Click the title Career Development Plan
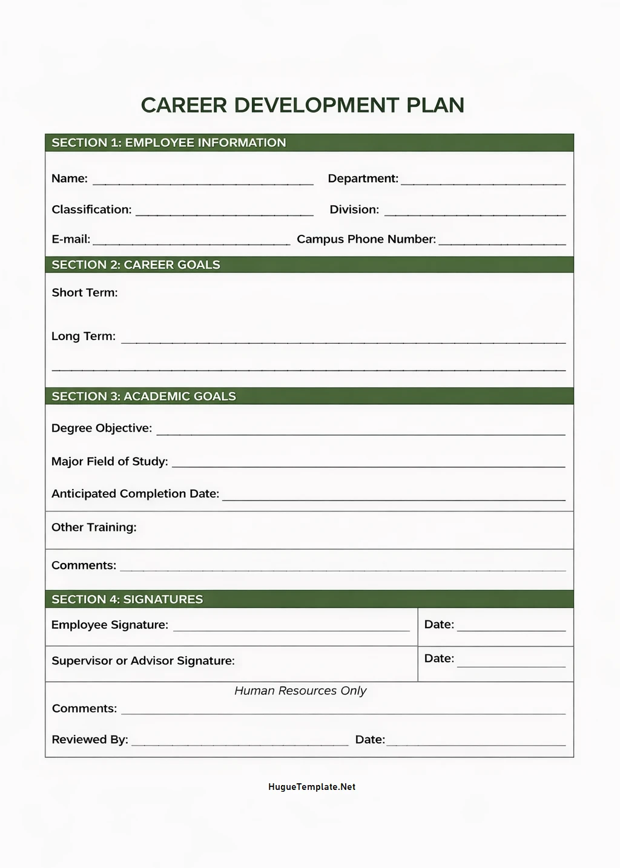coord(302,105)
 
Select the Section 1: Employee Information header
coord(168,143)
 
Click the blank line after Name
coord(203,182)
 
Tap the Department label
coord(363,179)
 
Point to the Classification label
coord(91,209)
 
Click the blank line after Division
coord(475,213)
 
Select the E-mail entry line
coord(191,243)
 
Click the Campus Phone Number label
coord(366,239)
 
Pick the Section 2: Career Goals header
coord(136,265)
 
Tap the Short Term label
coord(85,292)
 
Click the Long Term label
coord(84,336)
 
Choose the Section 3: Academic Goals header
coord(143,396)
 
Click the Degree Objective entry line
coord(360,432)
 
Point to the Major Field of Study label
coord(110,461)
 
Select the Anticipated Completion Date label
coord(135,493)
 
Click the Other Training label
coord(94,527)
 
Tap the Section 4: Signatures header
coord(127,599)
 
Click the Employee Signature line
coord(291,628)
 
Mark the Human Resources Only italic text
coord(300,691)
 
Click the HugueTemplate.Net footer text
coord(311,787)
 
